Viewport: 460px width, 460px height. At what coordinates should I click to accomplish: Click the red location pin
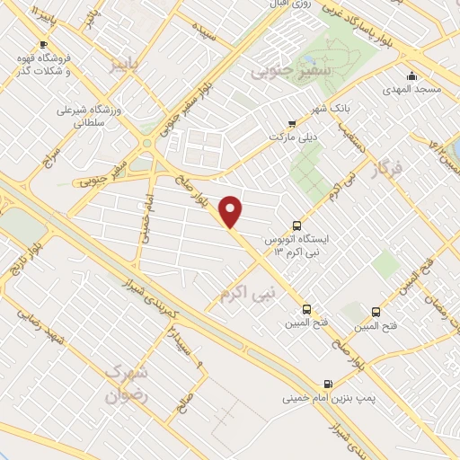(231, 211)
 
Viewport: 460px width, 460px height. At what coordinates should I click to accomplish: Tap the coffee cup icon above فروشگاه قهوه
(42, 44)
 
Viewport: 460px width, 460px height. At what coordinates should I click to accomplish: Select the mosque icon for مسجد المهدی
(411, 75)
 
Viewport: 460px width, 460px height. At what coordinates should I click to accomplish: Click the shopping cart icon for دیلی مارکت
(290, 123)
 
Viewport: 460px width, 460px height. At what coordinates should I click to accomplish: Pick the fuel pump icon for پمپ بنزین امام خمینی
(327, 381)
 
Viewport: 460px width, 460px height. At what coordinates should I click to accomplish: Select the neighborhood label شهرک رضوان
(125, 382)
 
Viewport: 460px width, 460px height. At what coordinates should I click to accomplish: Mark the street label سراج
(47, 159)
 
